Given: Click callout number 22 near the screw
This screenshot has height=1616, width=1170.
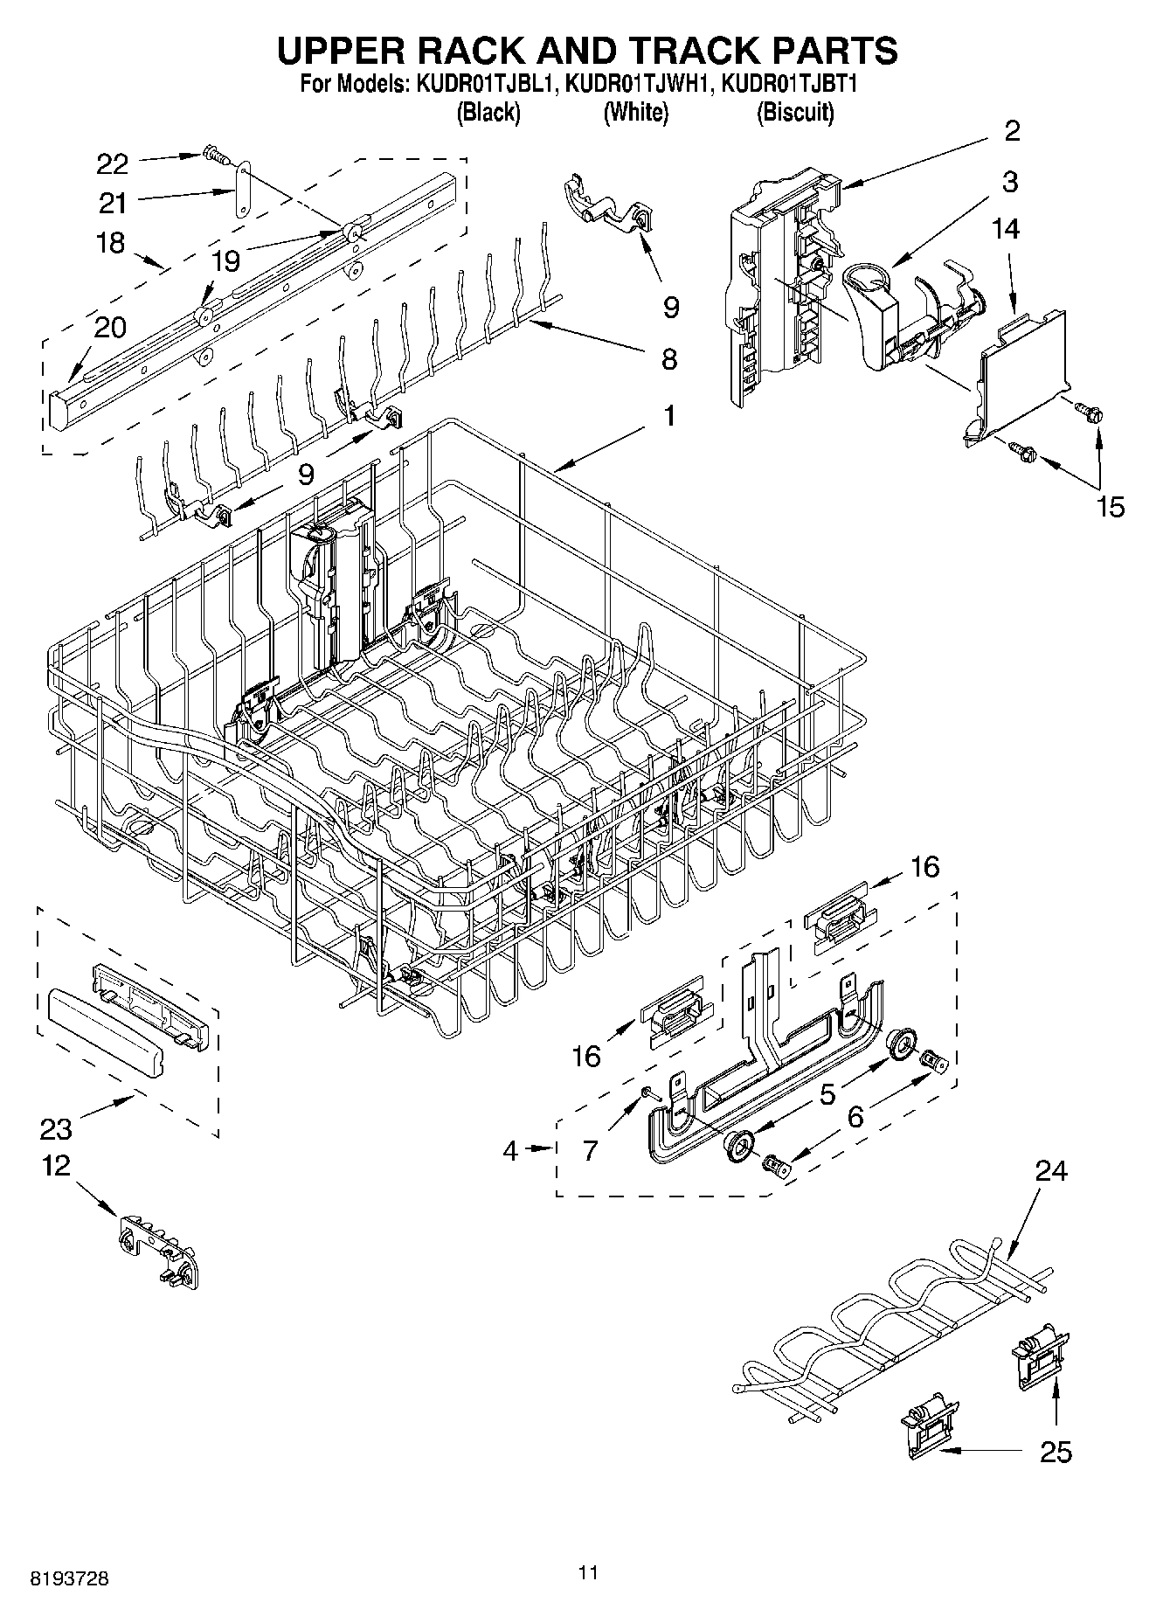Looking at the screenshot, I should tap(112, 163).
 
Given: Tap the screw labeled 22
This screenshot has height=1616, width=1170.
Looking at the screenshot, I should tap(213, 155).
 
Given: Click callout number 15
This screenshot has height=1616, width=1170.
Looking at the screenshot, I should tap(1110, 507).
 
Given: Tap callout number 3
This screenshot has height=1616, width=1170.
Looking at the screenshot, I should tap(1010, 182).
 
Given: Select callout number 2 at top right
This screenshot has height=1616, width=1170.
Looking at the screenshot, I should tap(1011, 131).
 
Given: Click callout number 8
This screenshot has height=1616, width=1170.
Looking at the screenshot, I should tap(668, 358).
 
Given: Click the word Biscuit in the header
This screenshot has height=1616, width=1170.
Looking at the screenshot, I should tap(795, 113).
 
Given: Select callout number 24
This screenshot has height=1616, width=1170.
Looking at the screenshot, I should tap(1051, 1170).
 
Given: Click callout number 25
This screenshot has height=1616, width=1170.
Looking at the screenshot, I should tap(1056, 1452).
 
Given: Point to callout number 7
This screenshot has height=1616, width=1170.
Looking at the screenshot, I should tap(591, 1150).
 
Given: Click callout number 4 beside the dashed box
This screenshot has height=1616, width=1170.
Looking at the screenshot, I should tap(511, 1150).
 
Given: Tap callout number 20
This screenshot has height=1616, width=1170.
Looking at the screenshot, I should tap(110, 327).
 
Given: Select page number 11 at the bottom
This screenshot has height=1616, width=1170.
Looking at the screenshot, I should tap(588, 1573).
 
